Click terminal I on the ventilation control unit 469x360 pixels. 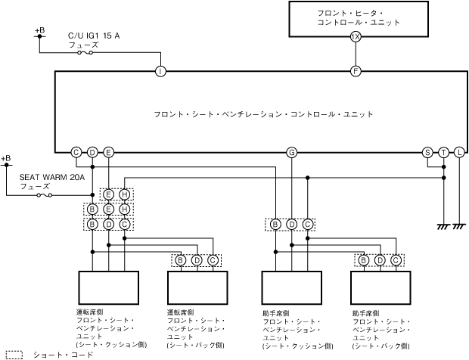(x=160, y=72)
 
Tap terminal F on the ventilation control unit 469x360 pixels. (x=356, y=72)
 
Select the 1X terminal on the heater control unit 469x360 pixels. (x=356, y=36)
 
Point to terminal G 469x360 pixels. (x=291, y=153)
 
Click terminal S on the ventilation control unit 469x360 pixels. (x=427, y=153)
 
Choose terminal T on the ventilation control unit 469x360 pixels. (x=443, y=153)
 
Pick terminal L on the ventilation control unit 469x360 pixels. (x=459, y=153)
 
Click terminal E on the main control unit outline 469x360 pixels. (x=109, y=153)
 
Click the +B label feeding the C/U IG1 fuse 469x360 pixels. (x=39, y=30)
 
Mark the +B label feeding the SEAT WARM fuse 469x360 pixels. (x=6, y=158)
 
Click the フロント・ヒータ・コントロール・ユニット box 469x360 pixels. (x=359, y=18)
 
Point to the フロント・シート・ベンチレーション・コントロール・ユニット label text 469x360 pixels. (x=263, y=114)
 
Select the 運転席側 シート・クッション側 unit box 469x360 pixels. (x=110, y=287)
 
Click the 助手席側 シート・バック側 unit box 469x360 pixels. (x=382, y=287)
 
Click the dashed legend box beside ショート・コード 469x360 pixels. (x=14, y=354)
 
